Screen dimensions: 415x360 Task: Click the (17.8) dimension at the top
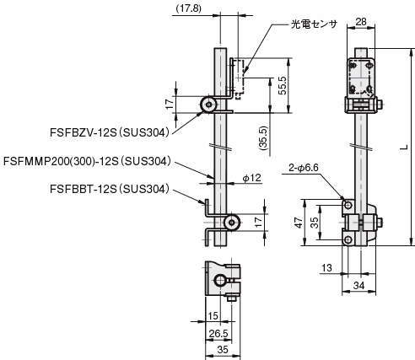tap(188, 8)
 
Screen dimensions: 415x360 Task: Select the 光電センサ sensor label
tap(314, 24)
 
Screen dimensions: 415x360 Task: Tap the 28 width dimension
tap(361, 21)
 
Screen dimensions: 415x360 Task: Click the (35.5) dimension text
tap(264, 138)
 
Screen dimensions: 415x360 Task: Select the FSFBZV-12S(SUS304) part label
tap(110, 132)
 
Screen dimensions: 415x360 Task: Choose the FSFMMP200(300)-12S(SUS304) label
tap(87, 161)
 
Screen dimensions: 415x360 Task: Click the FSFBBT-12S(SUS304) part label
tap(110, 189)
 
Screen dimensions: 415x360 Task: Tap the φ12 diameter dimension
tap(251, 178)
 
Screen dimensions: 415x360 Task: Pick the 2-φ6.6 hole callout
tap(304, 168)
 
